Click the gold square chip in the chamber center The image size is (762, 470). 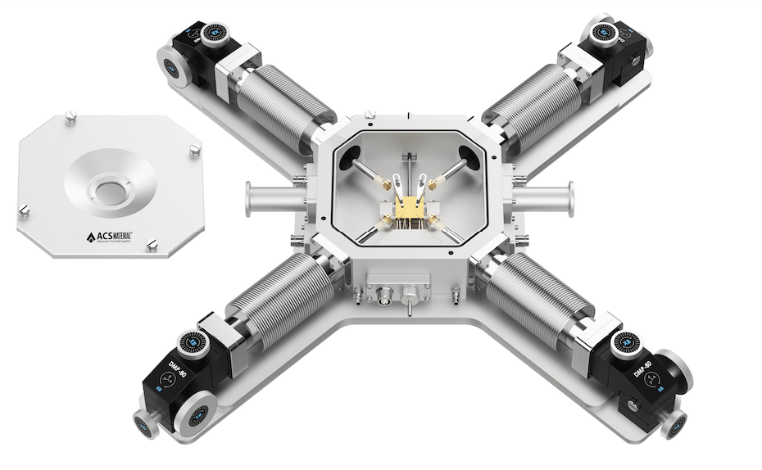[407, 208]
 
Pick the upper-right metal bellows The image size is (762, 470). [531, 104]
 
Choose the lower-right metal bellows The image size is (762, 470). [537, 301]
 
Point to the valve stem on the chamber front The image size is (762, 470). [407, 303]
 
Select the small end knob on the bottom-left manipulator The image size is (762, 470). [145, 424]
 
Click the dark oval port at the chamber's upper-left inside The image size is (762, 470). [352, 155]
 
